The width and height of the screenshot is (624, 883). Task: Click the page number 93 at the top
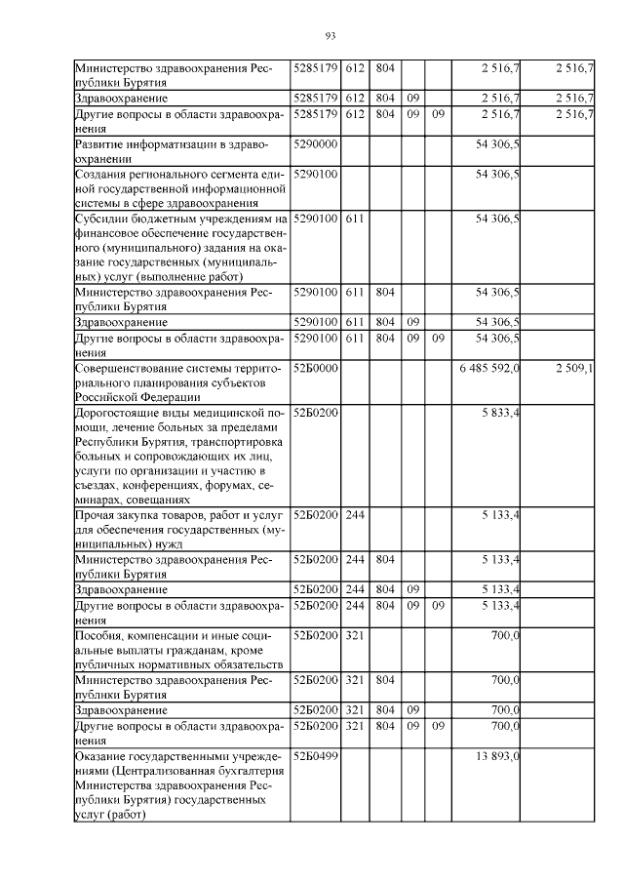[x=330, y=36]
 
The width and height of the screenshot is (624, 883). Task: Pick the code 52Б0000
[x=316, y=368]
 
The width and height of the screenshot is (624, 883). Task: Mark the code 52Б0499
[x=316, y=756]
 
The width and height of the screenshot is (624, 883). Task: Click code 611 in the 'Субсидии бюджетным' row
[x=353, y=219]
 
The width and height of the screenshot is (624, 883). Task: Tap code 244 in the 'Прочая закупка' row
[x=353, y=514]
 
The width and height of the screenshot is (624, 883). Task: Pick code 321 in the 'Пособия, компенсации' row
[x=353, y=635]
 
